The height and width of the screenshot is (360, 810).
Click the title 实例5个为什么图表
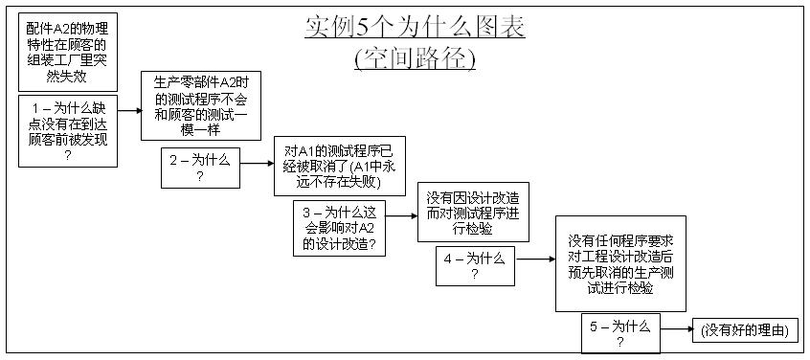coord(415,28)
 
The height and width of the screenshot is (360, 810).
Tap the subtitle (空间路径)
coord(415,57)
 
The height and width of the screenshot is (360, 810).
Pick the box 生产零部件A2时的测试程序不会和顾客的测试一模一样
coord(201,105)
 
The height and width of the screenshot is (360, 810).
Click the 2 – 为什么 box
coord(200,168)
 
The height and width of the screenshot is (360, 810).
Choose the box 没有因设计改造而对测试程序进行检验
coord(473,212)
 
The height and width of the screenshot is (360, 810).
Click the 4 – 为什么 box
coord(475,265)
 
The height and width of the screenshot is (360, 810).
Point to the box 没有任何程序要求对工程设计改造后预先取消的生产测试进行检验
coord(620,263)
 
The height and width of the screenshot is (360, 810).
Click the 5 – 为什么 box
coord(619,332)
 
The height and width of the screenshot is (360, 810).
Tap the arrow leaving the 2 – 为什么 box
coord(257,165)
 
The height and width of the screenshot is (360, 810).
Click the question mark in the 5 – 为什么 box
coord(619,341)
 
